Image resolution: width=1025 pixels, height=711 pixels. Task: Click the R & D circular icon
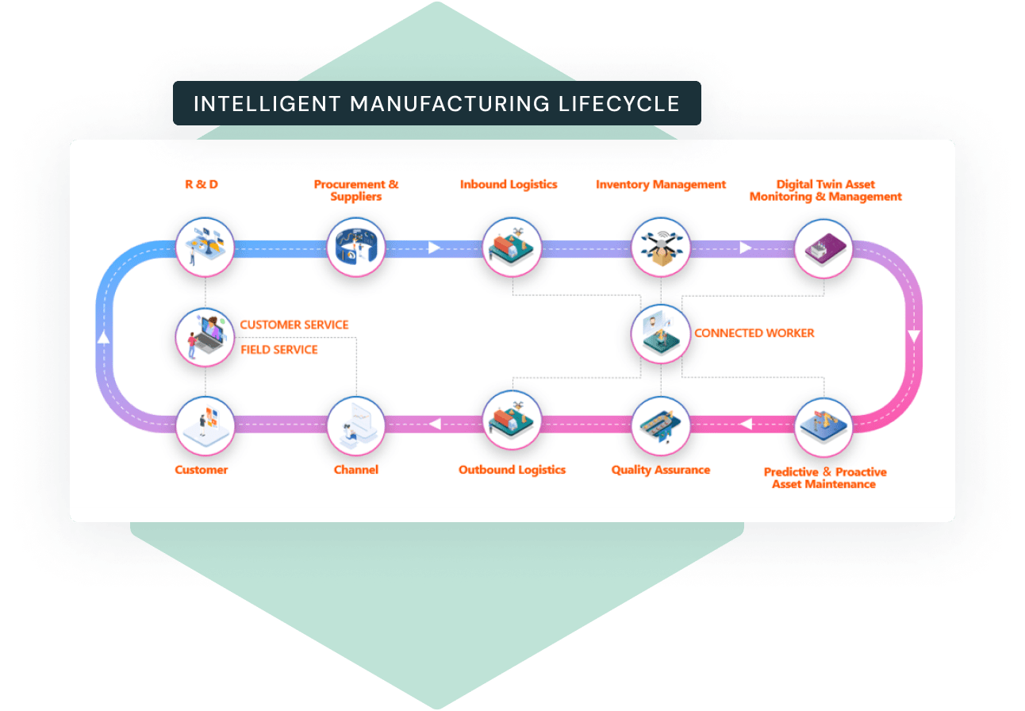[x=205, y=247]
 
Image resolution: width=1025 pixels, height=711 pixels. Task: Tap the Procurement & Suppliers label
[x=356, y=190]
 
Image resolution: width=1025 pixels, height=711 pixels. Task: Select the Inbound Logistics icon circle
[x=512, y=247]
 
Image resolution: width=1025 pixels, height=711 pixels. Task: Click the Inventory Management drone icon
[x=661, y=247]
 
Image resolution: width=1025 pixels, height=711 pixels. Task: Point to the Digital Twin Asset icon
[x=823, y=247]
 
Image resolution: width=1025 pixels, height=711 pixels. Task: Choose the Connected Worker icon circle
[x=661, y=334]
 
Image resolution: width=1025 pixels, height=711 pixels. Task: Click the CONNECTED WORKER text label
[x=754, y=333]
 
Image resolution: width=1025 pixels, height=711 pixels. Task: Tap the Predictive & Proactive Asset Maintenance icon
[x=823, y=425]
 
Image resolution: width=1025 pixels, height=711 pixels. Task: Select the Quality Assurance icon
[x=661, y=425]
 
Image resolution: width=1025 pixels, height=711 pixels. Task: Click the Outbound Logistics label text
[x=512, y=470]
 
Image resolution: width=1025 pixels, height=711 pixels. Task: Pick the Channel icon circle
[x=356, y=425]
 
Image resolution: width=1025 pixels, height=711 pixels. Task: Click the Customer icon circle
[x=205, y=425]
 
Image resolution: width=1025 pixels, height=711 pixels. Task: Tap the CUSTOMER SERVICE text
[x=294, y=325]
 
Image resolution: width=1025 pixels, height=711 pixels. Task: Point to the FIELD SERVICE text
[x=279, y=349]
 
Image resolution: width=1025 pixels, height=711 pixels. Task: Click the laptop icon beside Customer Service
[x=205, y=336]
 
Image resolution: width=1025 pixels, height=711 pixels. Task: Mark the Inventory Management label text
[x=661, y=184]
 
